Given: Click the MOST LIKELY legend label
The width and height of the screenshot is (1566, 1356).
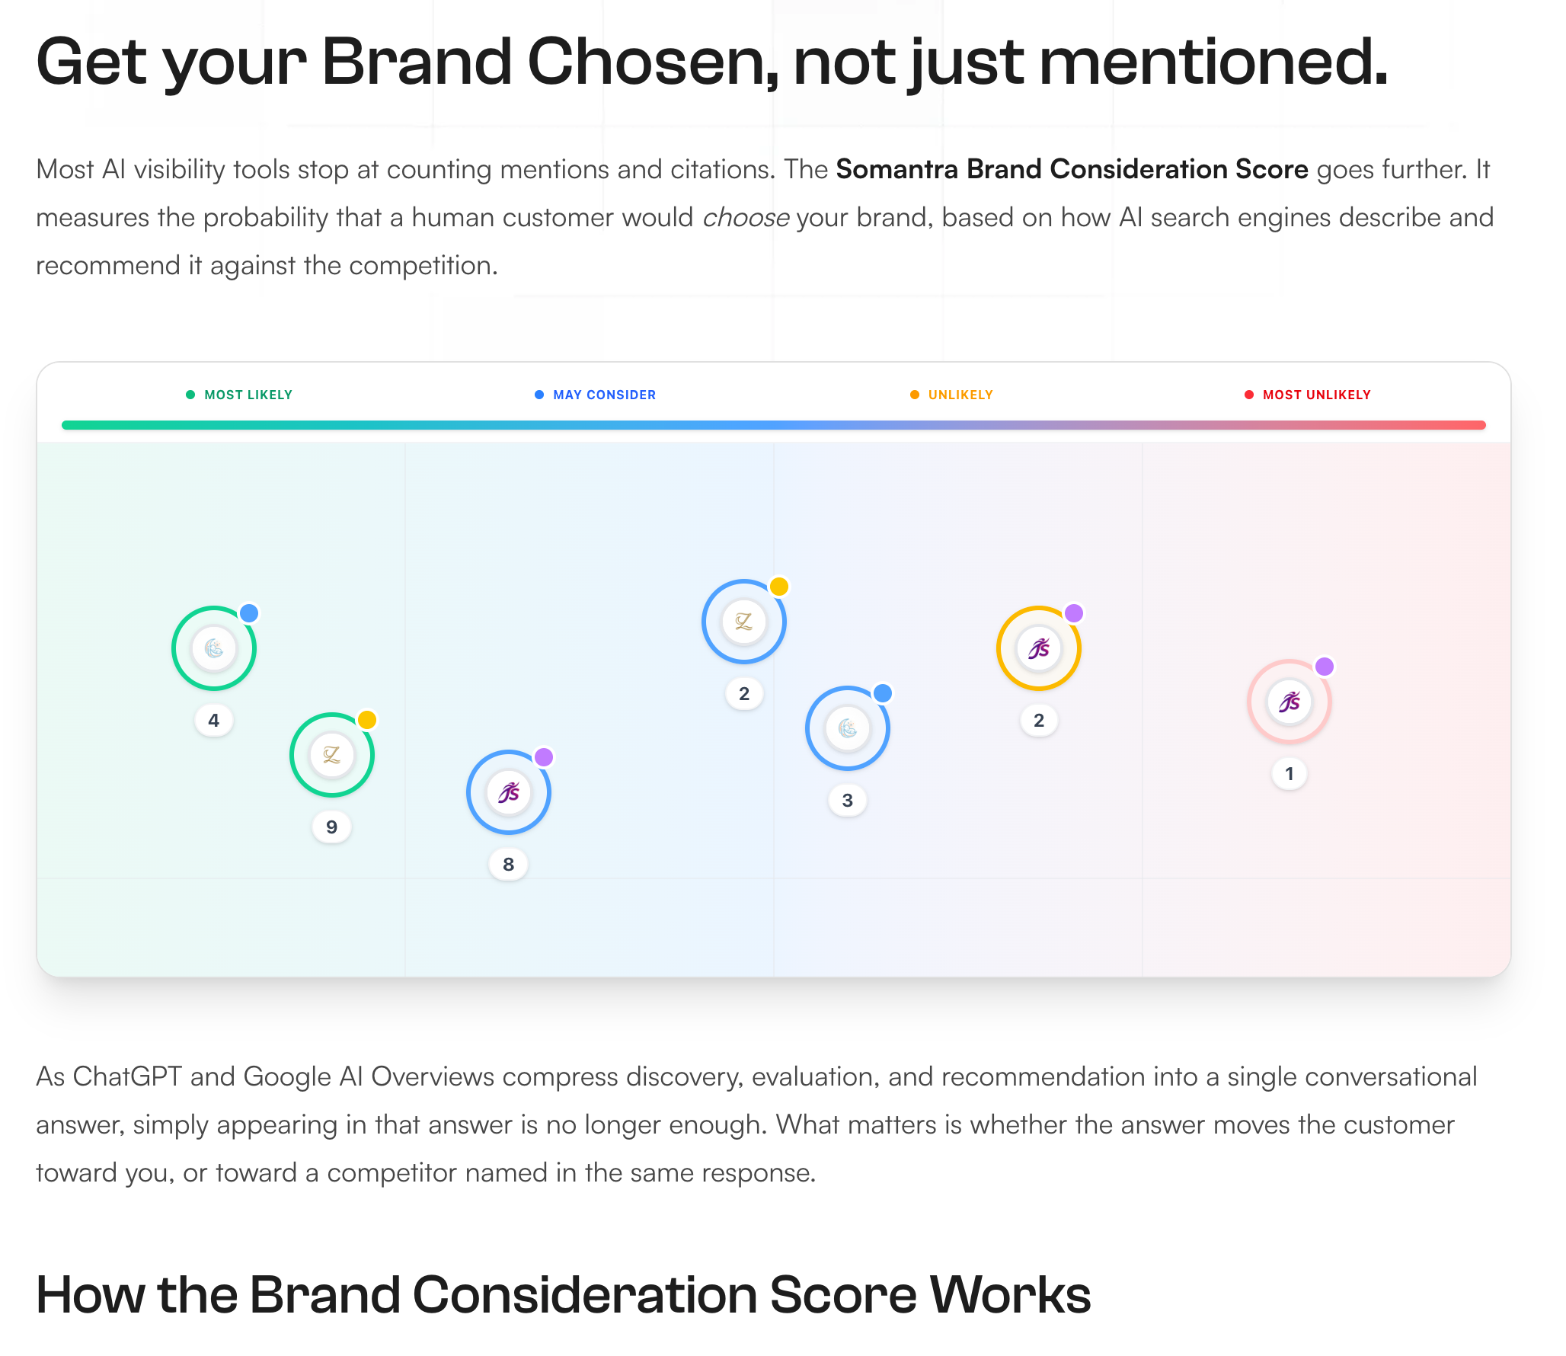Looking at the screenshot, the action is [248, 395].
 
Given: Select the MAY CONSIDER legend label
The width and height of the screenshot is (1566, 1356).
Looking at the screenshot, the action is [604, 395].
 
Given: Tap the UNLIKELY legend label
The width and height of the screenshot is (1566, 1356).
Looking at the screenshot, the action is [960, 395].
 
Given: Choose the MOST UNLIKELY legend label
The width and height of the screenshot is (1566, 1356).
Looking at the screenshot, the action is [1316, 395].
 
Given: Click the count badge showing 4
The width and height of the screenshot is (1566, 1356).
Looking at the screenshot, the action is [214, 721].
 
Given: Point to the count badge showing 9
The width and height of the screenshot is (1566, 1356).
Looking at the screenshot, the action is [332, 827].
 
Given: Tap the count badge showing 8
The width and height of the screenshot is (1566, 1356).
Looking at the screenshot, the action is [509, 865].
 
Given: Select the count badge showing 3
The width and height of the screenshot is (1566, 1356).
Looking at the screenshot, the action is [848, 801].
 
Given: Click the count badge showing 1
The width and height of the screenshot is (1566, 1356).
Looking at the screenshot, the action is [1290, 774].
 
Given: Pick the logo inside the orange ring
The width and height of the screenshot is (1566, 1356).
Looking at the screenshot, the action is [1039, 649].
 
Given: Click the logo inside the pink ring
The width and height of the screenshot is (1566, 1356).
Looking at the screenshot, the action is [1290, 702].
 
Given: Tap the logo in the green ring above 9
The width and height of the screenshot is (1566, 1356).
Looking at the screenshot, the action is [332, 755].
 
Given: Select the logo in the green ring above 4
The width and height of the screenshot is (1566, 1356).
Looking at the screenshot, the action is [214, 648].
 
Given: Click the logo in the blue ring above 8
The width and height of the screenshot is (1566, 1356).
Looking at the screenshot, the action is [509, 792].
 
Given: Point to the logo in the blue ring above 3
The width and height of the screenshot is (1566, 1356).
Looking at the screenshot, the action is [848, 728].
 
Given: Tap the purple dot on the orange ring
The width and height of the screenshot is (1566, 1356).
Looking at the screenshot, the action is [1074, 613].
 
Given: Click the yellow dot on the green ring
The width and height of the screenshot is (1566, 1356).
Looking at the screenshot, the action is [367, 720].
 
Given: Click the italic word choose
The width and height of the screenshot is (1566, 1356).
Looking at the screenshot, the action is [746, 218].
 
